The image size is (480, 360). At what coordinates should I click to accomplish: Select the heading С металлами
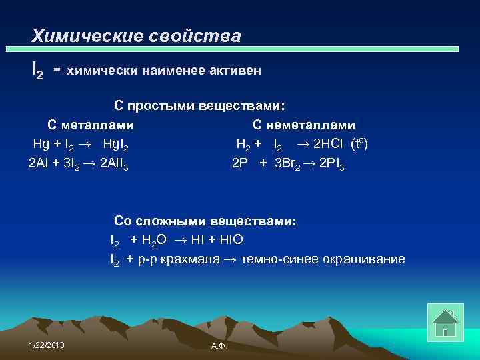coord(91,125)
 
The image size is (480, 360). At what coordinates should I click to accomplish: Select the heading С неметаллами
coord(304,125)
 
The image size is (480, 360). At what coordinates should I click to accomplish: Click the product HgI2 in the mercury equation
coord(116,144)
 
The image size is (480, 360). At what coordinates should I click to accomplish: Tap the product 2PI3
coord(332,163)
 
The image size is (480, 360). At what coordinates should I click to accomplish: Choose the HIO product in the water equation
coord(237,239)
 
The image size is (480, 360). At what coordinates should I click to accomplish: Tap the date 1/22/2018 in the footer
coord(47,343)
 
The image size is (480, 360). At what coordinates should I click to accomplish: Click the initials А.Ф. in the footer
coord(218,345)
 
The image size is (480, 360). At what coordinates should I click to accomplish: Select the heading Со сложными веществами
coord(207,221)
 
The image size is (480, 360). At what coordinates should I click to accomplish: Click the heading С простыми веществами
coord(199,106)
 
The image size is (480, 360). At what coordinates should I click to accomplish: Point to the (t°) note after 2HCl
coord(364,143)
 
